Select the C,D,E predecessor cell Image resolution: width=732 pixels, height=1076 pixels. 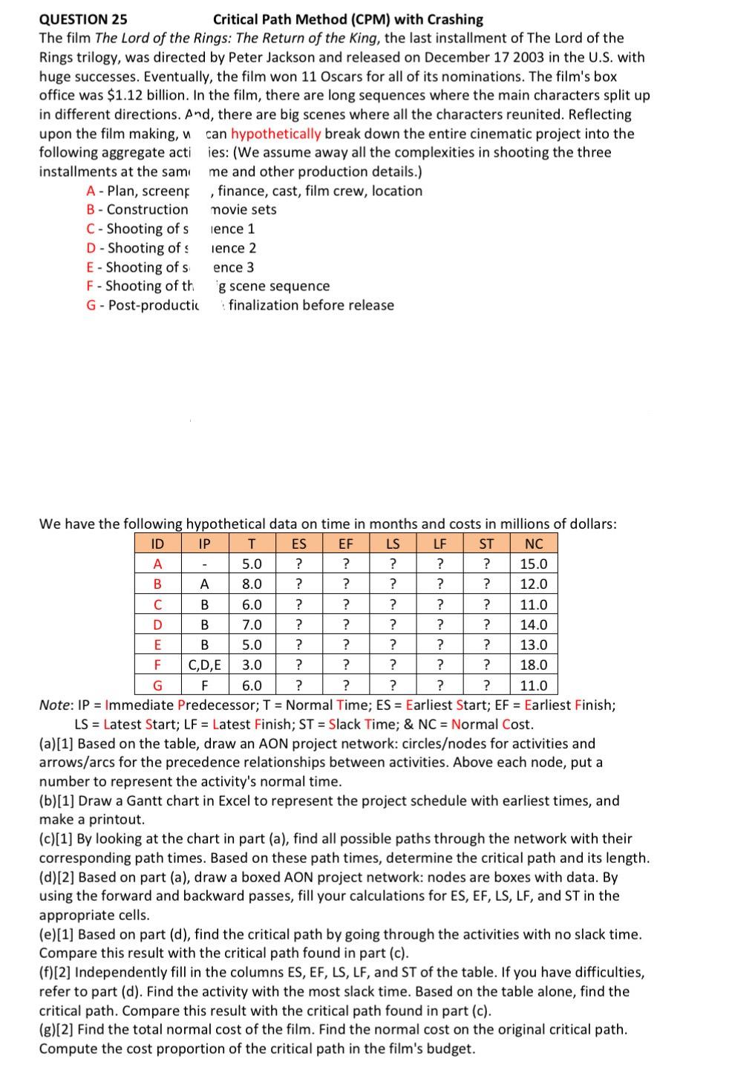[x=204, y=665]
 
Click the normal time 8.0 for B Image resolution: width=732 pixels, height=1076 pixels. [x=252, y=584]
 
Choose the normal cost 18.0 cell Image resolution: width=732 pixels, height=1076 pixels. [x=534, y=665]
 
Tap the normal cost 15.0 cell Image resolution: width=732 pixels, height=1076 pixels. [x=534, y=564]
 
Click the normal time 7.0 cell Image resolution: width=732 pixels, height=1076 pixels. [x=252, y=625]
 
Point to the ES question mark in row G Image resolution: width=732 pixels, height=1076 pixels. [x=298, y=685]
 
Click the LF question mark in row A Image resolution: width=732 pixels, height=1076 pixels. [x=439, y=564]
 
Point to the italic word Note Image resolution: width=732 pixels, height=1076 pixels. [x=55, y=705]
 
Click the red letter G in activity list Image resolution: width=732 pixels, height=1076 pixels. [x=91, y=305]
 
